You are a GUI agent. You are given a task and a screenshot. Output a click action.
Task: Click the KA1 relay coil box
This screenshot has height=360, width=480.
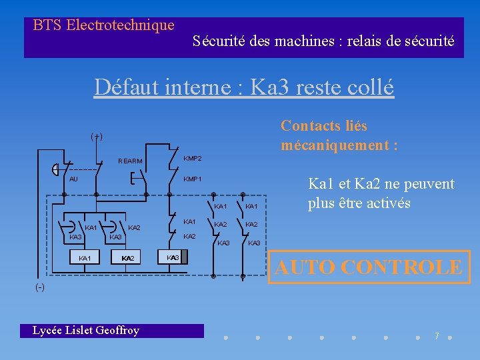click(x=85, y=258)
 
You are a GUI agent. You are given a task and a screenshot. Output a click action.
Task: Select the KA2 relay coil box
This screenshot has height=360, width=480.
click(x=127, y=258)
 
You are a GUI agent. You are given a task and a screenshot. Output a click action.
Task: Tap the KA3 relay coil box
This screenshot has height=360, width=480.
click(x=173, y=257)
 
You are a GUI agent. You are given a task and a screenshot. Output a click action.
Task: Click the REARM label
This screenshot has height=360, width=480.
click(x=129, y=161)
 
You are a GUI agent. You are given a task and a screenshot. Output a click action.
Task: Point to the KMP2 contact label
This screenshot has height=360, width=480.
click(x=193, y=158)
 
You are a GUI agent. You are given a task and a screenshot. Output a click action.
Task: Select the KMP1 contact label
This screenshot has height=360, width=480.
click(x=193, y=179)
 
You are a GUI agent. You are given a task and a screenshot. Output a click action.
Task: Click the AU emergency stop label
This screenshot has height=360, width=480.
click(x=74, y=179)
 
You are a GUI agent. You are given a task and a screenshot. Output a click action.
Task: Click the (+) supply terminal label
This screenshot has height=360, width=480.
click(x=97, y=136)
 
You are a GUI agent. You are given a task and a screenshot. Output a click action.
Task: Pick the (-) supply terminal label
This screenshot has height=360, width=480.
click(x=41, y=287)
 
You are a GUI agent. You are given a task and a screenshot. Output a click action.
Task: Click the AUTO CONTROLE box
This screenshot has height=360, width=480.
click(x=369, y=267)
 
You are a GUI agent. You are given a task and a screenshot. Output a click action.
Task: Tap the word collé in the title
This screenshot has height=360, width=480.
click(x=367, y=87)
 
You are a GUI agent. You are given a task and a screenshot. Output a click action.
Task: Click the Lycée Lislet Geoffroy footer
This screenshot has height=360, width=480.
click(x=87, y=330)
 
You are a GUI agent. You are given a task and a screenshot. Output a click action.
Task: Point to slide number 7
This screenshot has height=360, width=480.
click(x=437, y=336)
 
